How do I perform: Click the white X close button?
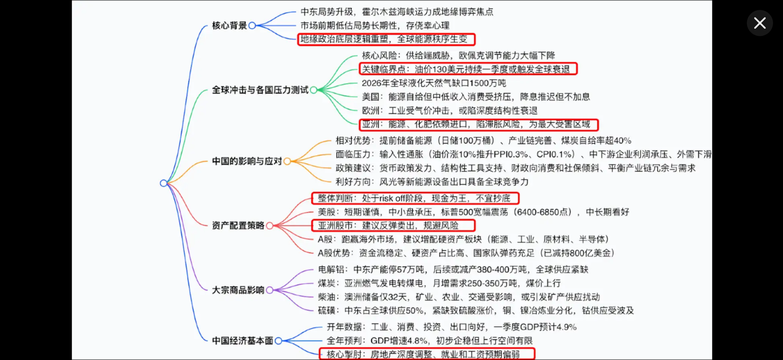click(760, 23)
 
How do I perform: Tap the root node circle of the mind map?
click(163, 183)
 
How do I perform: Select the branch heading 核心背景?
click(229, 26)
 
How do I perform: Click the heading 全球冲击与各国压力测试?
click(260, 90)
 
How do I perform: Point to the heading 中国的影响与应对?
click(247, 161)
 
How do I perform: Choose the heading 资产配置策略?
click(238, 225)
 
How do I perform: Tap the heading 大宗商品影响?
click(238, 290)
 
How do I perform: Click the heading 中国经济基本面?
click(243, 341)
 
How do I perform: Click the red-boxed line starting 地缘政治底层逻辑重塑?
click(386, 39)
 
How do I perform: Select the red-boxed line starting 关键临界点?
click(468, 69)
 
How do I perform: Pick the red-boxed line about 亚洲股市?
click(393, 225)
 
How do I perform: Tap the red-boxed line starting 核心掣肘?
click(427, 354)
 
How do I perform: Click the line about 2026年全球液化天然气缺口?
click(434, 83)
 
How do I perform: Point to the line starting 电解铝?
click(453, 269)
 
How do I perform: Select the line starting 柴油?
click(459, 297)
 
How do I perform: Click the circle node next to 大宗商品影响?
click(269, 290)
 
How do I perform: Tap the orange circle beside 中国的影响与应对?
click(287, 161)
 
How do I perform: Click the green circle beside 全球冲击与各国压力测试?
click(314, 90)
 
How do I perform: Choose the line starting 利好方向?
click(432, 182)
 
